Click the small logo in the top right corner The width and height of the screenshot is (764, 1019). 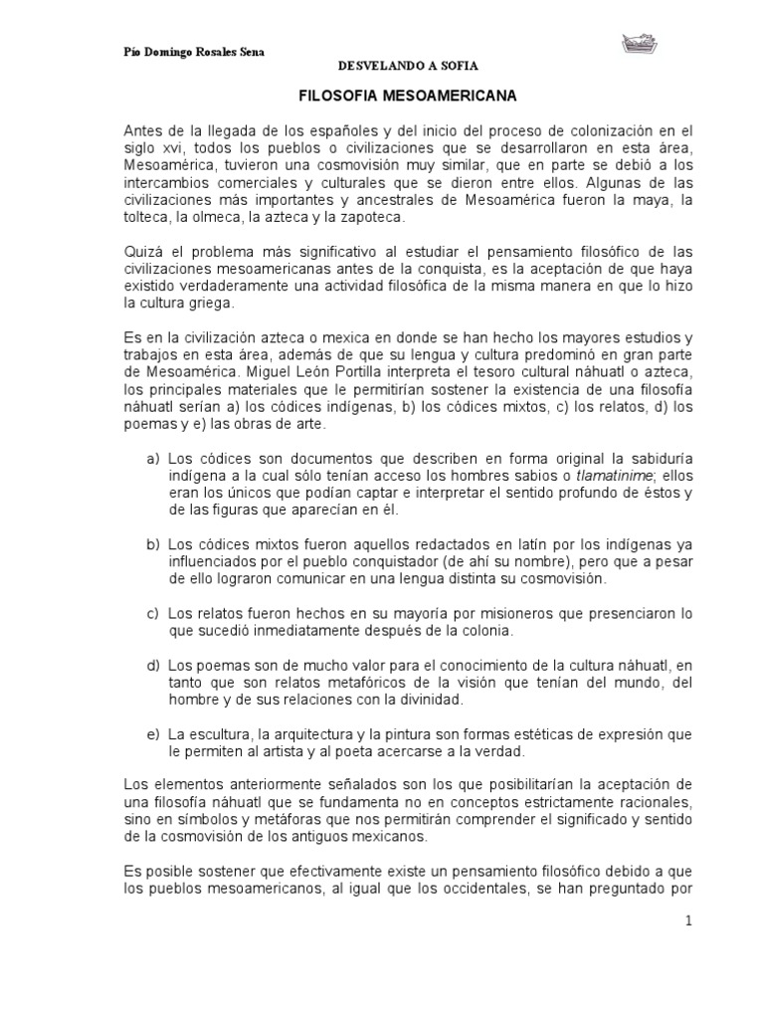pos(641,44)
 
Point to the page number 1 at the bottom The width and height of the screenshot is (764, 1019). pos(686,921)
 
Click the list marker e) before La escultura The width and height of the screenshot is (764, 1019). pos(152,734)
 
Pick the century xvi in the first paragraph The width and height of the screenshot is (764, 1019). pos(173,147)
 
